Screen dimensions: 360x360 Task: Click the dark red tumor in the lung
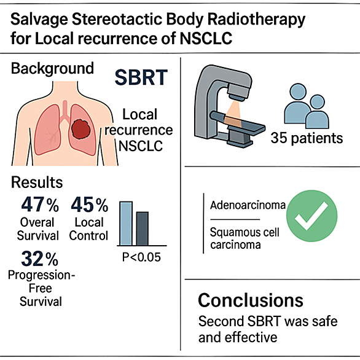pos(80,129)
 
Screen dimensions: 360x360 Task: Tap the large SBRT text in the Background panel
pos(141,77)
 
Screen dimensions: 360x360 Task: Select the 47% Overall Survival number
pos(40,205)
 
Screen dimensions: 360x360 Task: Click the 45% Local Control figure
pos(90,205)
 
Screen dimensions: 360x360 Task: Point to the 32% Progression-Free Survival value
pos(40,259)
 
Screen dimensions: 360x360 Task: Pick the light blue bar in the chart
pos(126,224)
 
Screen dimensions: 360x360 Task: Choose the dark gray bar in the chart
pos(143,229)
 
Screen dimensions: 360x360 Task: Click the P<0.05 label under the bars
pos(141,257)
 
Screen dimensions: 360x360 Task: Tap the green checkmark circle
pos(312,216)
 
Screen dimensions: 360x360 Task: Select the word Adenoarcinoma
pos(248,205)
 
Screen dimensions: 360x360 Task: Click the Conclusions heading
pos(251,300)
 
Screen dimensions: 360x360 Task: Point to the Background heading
pos(52,68)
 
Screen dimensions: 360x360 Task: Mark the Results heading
pos(37,182)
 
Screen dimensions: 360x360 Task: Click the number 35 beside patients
pos(279,138)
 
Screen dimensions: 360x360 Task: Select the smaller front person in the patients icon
pos(317,112)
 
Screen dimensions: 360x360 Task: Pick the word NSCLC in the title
pos(206,38)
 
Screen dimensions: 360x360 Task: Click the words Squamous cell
pos(245,232)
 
